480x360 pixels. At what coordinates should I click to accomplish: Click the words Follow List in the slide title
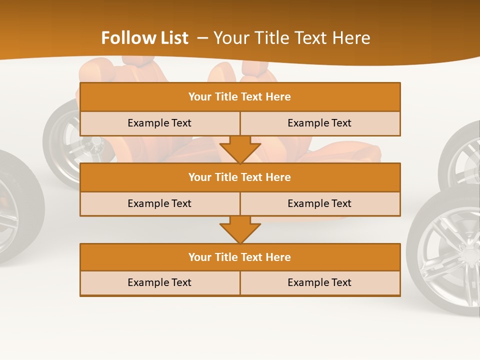(x=144, y=38)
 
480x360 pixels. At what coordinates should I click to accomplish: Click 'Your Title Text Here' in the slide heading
(x=291, y=38)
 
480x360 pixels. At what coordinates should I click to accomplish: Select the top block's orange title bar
(x=240, y=97)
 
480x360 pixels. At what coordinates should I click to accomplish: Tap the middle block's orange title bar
(x=240, y=177)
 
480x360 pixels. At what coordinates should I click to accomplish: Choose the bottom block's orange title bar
(x=240, y=257)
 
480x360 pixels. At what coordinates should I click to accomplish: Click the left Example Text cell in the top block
(x=159, y=123)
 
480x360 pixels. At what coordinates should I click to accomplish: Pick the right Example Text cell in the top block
(x=320, y=123)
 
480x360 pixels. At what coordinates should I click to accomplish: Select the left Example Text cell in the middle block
(x=159, y=203)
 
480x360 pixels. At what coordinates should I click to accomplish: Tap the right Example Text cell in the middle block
(x=320, y=203)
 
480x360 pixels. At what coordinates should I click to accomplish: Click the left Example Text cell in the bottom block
(x=159, y=282)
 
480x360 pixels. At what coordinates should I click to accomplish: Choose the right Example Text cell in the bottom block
(x=320, y=282)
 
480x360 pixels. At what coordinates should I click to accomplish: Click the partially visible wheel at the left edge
(x=15, y=210)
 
